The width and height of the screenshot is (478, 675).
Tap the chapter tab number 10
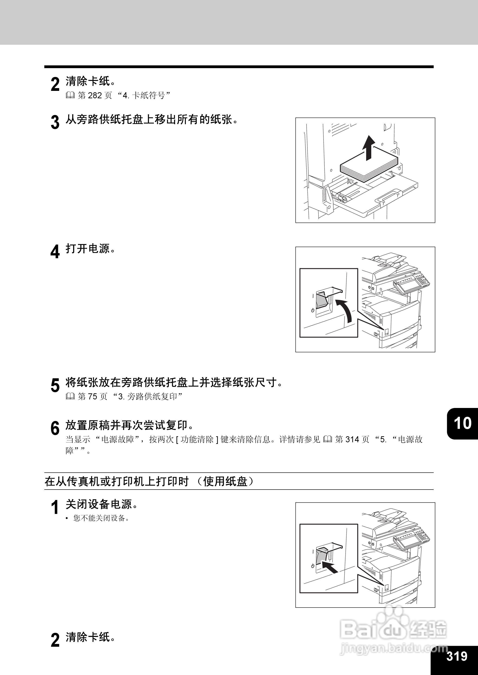tap(463, 423)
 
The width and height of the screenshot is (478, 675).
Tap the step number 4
tap(55, 252)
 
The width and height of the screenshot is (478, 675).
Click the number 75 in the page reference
tap(92, 397)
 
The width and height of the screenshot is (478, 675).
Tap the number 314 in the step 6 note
tap(352, 439)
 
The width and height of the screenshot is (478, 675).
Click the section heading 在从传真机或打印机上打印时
tap(117, 481)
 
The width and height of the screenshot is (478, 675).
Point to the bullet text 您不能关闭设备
tap(101, 518)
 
